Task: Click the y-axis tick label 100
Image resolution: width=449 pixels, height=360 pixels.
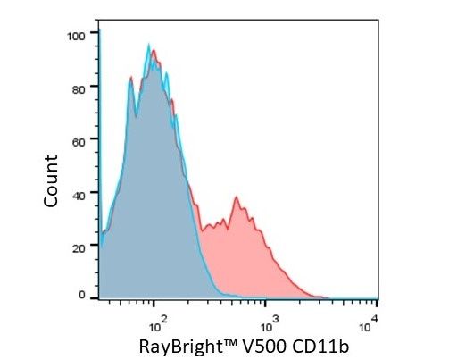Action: click(x=76, y=37)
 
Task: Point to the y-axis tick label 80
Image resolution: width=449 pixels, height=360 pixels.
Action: click(x=79, y=89)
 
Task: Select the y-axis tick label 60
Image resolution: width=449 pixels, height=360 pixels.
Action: click(x=79, y=142)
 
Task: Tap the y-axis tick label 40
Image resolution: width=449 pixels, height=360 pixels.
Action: click(x=79, y=196)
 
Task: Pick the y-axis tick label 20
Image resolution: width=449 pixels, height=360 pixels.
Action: click(x=79, y=248)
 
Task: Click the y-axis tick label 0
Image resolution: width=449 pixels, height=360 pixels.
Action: click(x=82, y=295)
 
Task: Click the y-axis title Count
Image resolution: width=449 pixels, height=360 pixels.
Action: click(x=51, y=181)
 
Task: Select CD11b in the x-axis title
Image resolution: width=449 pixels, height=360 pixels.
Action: click(x=320, y=347)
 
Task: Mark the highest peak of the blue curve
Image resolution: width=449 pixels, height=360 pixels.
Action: click(x=149, y=44)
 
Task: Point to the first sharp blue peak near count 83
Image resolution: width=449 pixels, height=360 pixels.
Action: click(x=130, y=78)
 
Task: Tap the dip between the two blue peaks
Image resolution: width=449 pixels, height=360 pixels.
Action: click(x=137, y=115)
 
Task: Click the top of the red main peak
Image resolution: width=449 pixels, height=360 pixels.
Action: click(x=154, y=50)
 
